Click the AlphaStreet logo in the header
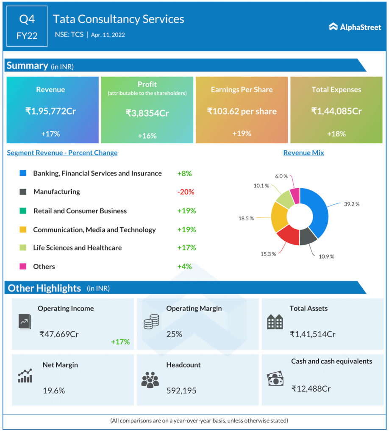coord(355,27)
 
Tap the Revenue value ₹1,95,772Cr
coord(50,111)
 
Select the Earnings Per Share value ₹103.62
coord(242,111)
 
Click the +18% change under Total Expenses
coord(336,134)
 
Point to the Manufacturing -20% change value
coord(186,192)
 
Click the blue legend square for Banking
coord(23,173)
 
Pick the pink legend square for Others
coord(23,266)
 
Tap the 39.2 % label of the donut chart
coord(351,204)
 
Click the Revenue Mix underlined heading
coord(303,153)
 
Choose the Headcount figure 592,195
coord(181,390)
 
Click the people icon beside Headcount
coord(150,380)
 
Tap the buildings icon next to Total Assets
coord(275,322)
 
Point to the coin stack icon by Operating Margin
coord(151,322)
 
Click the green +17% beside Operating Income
coord(120,342)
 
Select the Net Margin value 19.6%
coord(54,390)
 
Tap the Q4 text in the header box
coord(27,19)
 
